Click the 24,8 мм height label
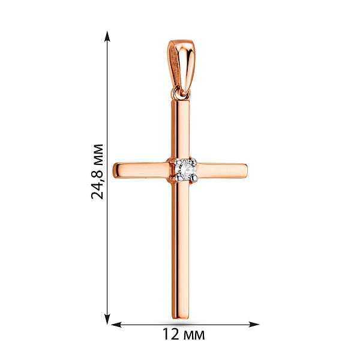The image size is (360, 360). [x=97, y=171]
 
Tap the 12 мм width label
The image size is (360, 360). [x=184, y=334]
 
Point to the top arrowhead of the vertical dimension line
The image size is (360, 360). [x=107, y=36]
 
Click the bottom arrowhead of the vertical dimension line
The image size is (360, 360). [x=107, y=319]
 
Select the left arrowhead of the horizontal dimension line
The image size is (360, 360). [x=116, y=325]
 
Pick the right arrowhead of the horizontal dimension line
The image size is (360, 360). [x=254, y=325]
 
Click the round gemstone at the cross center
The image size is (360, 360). [x=185, y=170]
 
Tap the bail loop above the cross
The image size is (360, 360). [x=181, y=67]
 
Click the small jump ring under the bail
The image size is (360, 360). [x=181, y=94]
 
